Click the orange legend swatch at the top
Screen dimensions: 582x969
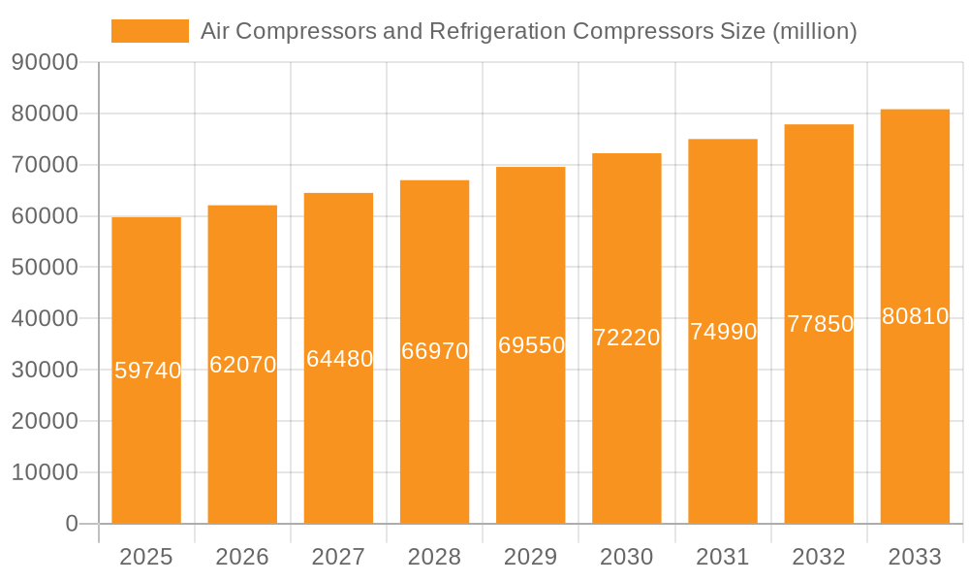click(x=150, y=31)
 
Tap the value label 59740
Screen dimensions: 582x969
click(x=147, y=371)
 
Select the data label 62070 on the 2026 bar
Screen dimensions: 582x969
click(x=242, y=365)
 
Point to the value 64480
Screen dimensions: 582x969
click(x=339, y=359)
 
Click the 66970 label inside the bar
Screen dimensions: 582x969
click(x=434, y=351)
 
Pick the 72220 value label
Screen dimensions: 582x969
click(x=626, y=338)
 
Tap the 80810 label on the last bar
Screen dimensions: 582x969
click(x=915, y=316)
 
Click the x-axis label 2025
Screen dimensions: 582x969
click(x=146, y=557)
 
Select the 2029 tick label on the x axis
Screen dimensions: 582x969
click(x=531, y=557)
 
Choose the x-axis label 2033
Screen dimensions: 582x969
click(x=915, y=557)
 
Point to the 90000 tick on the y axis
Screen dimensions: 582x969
click(x=44, y=63)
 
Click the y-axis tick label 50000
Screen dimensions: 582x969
click(x=44, y=268)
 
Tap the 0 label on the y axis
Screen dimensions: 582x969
click(x=71, y=524)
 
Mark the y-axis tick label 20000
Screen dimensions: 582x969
click(x=44, y=421)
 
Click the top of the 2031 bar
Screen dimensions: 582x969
click(x=723, y=141)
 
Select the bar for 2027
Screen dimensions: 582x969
click(x=338, y=436)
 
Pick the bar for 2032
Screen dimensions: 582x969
click(x=819, y=436)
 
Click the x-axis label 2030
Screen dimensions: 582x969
click(x=627, y=557)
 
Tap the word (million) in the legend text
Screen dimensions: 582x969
click(x=814, y=31)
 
